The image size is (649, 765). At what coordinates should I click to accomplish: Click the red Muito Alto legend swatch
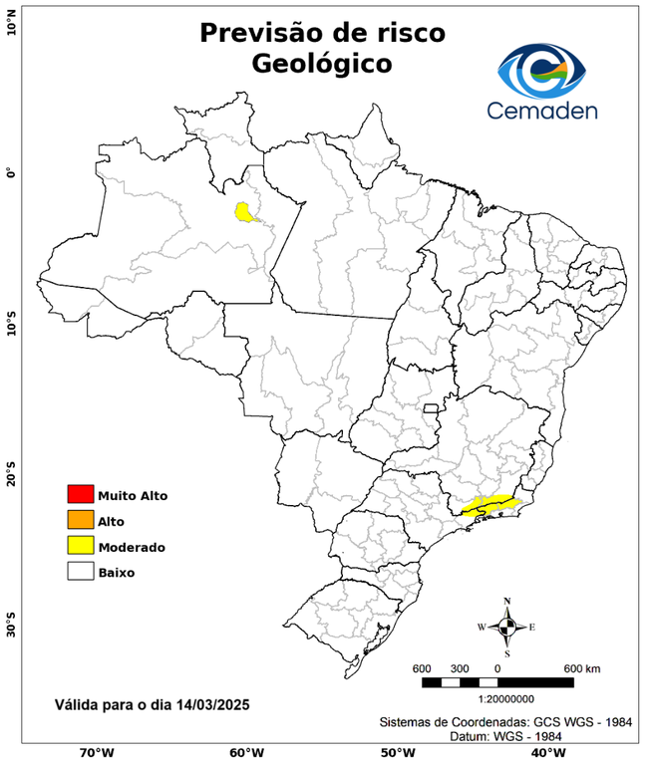tap(80, 494)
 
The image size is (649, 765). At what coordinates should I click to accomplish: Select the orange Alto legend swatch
tap(80, 520)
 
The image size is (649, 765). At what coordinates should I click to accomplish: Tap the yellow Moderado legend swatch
tap(80, 546)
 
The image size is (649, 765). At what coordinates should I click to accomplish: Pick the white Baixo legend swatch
tap(80, 572)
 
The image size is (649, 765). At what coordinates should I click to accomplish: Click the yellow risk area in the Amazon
tap(243, 211)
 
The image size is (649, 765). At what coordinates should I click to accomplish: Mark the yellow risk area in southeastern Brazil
tap(488, 505)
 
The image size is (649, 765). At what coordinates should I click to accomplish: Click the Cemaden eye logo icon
tap(544, 69)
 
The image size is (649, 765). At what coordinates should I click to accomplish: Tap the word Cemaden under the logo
tap(542, 110)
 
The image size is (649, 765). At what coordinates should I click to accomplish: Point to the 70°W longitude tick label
tap(96, 752)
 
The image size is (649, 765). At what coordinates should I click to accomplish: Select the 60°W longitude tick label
tap(246, 752)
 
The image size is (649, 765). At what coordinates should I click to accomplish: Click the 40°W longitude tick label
tap(545, 752)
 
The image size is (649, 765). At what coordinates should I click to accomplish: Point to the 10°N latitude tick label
tap(11, 20)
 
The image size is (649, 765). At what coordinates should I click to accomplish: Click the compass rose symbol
tap(506, 627)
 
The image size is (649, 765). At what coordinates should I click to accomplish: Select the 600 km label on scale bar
tap(581, 667)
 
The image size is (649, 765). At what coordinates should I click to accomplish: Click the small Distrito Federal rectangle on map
tap(431, 408)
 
